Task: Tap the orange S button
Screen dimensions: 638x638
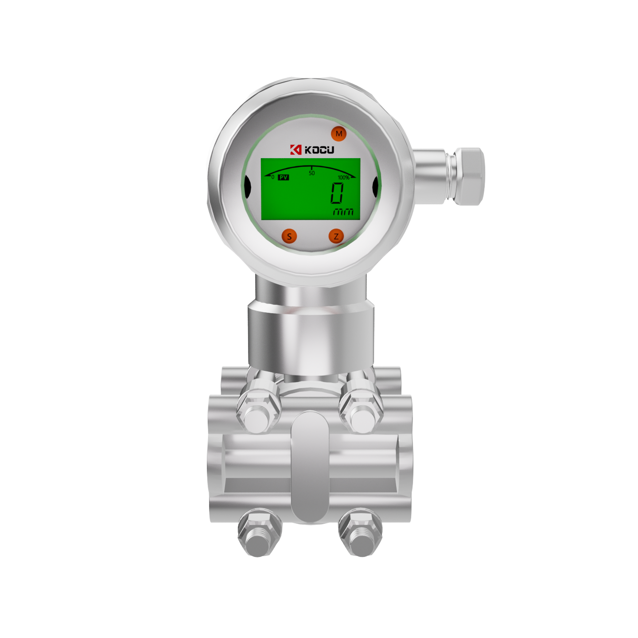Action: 289,236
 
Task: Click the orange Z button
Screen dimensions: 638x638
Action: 336,236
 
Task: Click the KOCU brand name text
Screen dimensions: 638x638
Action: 319,150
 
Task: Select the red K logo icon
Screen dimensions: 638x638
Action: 296,150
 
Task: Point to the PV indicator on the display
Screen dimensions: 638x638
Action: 284,178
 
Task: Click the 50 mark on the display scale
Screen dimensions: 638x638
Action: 311,173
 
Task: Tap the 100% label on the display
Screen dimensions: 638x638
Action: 344,178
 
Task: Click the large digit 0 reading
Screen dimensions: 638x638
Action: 337,193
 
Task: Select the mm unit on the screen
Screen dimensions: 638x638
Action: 343,212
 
